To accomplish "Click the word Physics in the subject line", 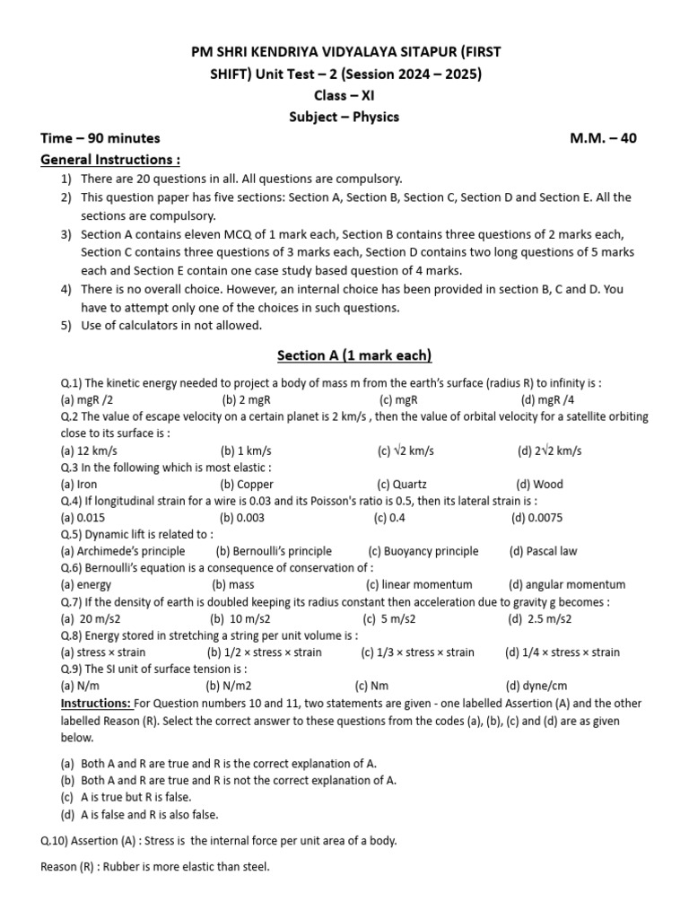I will [x=376, y=117].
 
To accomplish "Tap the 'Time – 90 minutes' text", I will [x=100, y=138].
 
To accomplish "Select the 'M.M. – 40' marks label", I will [x=603, y=138].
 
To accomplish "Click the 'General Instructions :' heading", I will [x=111, y=159].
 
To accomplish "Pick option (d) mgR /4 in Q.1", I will [x=549, y=399].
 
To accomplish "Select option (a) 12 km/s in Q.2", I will [x=89, y=451].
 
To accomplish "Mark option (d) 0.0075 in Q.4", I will [x=544, y=518].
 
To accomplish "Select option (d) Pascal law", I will [x=543, y=551].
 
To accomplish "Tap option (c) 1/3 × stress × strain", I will [x=417, y=652].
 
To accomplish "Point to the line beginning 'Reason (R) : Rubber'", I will [x=155, y=867].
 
